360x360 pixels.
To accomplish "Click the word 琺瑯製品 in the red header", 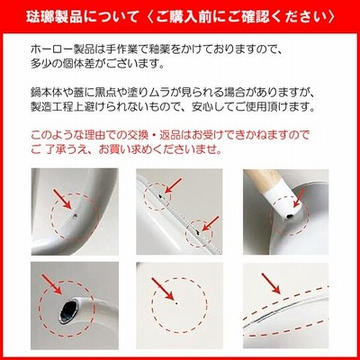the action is coord(54,16).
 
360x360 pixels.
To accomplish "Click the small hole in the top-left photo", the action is coord(75,215).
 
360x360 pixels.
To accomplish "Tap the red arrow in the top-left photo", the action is coord(62,199).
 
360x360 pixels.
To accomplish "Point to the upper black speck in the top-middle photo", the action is coord(161,196).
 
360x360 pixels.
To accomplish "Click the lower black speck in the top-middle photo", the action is coord(197,231).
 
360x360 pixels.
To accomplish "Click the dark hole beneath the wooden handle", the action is coord(289,216).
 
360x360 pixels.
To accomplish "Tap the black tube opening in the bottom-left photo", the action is coord(69,310).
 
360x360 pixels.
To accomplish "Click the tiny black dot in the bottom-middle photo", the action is coord(176,303).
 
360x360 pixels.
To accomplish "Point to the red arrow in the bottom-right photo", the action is coord(271,283).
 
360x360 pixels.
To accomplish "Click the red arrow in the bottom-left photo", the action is coord(51,284).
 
